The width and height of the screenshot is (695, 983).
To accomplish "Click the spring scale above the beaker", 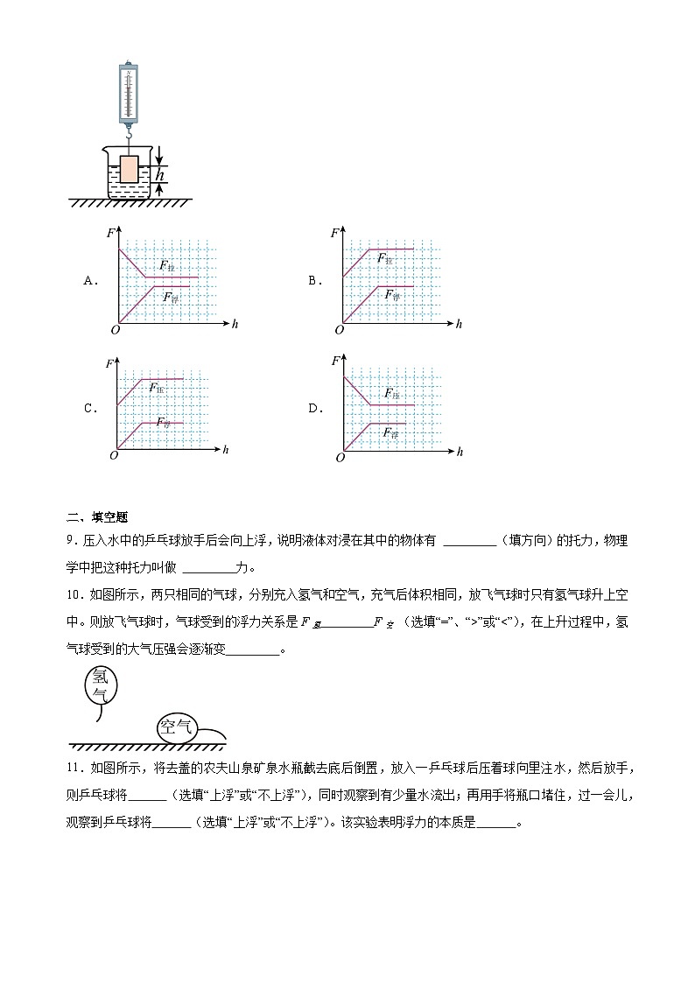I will point(129,91).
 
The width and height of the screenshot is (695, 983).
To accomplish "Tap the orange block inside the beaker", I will point(130,169).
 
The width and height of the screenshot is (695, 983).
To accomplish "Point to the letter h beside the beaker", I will point(159,175).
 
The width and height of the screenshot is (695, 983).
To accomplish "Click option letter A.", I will point(88,281).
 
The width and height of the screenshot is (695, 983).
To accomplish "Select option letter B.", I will point(312,281).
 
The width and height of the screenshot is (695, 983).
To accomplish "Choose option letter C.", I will point(88,408).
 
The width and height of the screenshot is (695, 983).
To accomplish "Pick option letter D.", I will point(312,408).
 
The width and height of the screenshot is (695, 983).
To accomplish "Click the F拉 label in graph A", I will point(165,264).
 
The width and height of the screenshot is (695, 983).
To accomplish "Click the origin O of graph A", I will point(115,330).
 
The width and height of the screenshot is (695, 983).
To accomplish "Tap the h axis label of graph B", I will point(459,324).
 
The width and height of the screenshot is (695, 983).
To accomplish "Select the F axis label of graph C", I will point(109,362).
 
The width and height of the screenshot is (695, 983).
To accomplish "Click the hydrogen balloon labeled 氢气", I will point(101,685).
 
